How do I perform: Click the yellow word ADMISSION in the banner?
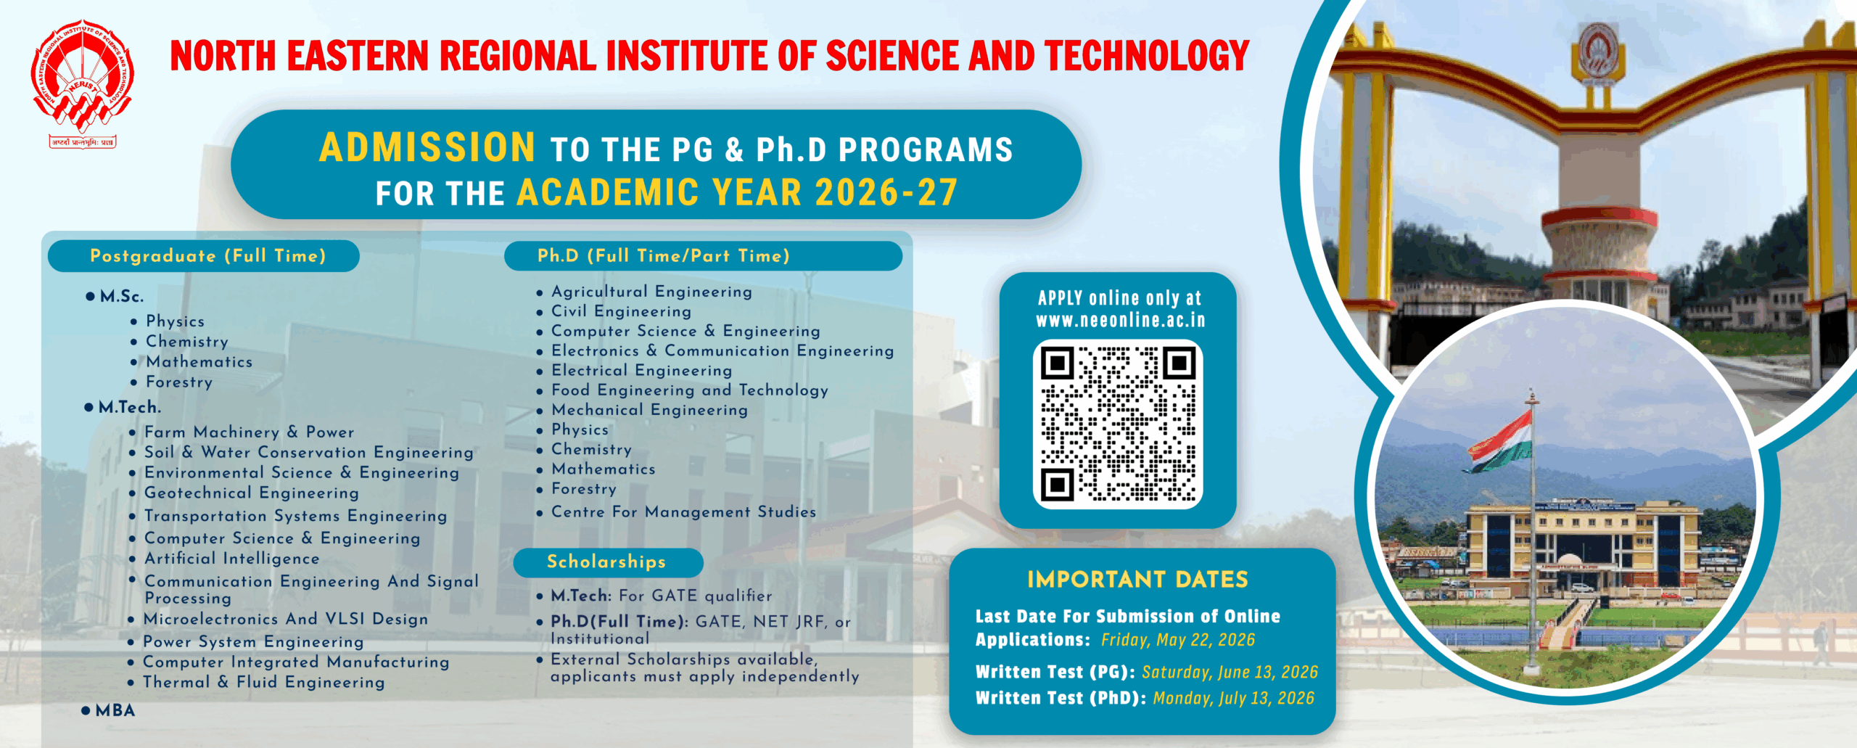point(427,147)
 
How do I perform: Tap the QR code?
point(1118,424)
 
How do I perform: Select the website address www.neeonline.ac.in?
point(1120,320)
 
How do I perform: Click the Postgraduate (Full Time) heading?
point(207,256)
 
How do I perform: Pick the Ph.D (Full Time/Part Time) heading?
point(664,256)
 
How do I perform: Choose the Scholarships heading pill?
point(607,562)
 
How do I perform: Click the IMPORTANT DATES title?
point(1137,580)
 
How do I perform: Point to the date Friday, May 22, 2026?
point(1178,640)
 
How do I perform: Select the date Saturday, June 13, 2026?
point(1230,673)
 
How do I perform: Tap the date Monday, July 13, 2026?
point(1233,699)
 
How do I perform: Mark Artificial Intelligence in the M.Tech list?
point(232,559)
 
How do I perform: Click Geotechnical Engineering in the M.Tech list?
point(252,493)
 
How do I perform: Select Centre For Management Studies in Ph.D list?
point(683,511)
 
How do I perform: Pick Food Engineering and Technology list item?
point(689,390)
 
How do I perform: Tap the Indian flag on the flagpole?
point(1501,440)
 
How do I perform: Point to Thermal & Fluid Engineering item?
point(263,682)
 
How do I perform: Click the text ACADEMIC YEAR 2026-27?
point(737,193)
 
